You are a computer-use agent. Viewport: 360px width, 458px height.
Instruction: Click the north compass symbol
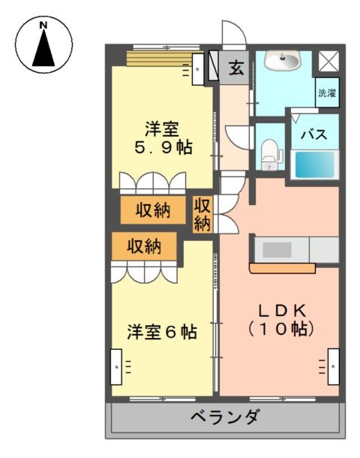pos(43,44)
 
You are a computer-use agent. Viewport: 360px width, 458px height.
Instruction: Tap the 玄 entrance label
pos(236,68)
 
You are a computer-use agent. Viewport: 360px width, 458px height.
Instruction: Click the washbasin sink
pos(282,61)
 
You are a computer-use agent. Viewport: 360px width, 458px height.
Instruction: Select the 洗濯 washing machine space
pos(327,92)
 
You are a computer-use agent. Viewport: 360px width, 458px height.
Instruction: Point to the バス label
pos(314,134)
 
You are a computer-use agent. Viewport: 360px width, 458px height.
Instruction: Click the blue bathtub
pos(315,164)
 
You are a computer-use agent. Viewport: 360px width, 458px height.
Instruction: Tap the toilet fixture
pos(271,155)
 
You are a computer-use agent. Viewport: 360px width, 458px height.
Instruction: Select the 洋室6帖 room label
pos(162,332)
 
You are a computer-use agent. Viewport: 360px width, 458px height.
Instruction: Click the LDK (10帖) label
pos(281,320)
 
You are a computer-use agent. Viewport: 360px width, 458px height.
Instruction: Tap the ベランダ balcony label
pos(225,416)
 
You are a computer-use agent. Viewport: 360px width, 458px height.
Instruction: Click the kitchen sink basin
pos(277,250)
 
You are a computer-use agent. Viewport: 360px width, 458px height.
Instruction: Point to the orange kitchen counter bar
pos(283,269)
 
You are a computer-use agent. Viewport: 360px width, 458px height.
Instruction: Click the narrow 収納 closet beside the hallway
pos(202,215)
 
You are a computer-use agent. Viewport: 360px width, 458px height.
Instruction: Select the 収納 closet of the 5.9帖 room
pos(153,210)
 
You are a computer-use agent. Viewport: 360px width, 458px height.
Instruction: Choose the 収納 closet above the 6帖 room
pos(145,246)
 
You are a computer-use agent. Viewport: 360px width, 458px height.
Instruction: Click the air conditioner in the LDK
pos(334,366)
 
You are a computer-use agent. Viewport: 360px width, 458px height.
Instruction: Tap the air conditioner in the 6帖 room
pos(116,367)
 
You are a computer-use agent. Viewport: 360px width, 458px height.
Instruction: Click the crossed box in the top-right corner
pos(328,61)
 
